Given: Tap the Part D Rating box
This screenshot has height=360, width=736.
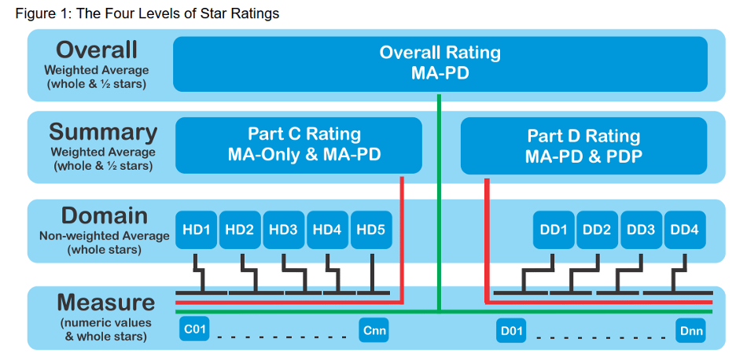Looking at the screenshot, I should click(x=583, y=146).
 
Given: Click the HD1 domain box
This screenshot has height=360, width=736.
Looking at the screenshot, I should click(x=195, y=230).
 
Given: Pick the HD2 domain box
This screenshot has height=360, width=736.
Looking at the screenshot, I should click(x=239, y=230).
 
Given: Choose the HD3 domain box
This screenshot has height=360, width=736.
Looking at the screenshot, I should click(x=283, y=230).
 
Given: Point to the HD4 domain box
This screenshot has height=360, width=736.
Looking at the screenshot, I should click(x=327, y=230).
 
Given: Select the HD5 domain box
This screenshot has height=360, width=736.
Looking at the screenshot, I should click(x=370, y=230).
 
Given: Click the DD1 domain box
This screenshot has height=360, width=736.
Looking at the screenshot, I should click(x=553, y=230).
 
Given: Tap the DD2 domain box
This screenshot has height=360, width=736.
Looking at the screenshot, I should click(x=597, y=230).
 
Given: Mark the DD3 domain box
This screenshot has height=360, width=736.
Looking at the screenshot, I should click(x=641, y=230).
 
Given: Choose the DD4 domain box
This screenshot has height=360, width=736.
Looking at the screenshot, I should click(x=684, y=230).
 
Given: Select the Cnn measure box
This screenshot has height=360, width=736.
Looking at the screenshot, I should click(x=374, y=330).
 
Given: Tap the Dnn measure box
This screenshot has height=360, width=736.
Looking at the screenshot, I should click(x=690, y=330).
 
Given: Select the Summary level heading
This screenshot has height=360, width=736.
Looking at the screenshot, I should click(x=103, y=132).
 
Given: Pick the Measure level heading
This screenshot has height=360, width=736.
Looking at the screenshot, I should click(x=106, y=303).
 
